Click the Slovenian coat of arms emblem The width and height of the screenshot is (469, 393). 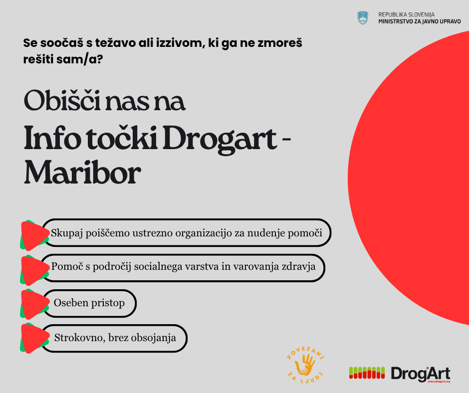(363, 18)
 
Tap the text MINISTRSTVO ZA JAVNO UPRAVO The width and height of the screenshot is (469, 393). (420, 22)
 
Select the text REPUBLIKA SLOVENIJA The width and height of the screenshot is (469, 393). (406, 14)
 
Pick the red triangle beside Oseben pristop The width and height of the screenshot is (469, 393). (33, 303)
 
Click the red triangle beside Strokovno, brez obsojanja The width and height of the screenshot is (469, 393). (33, 338)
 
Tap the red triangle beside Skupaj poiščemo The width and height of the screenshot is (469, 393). (33, 235)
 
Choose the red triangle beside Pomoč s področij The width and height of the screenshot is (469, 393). (33, 268)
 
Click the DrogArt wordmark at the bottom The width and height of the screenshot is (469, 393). (420, 373)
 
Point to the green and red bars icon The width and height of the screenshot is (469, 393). (367, 372)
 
